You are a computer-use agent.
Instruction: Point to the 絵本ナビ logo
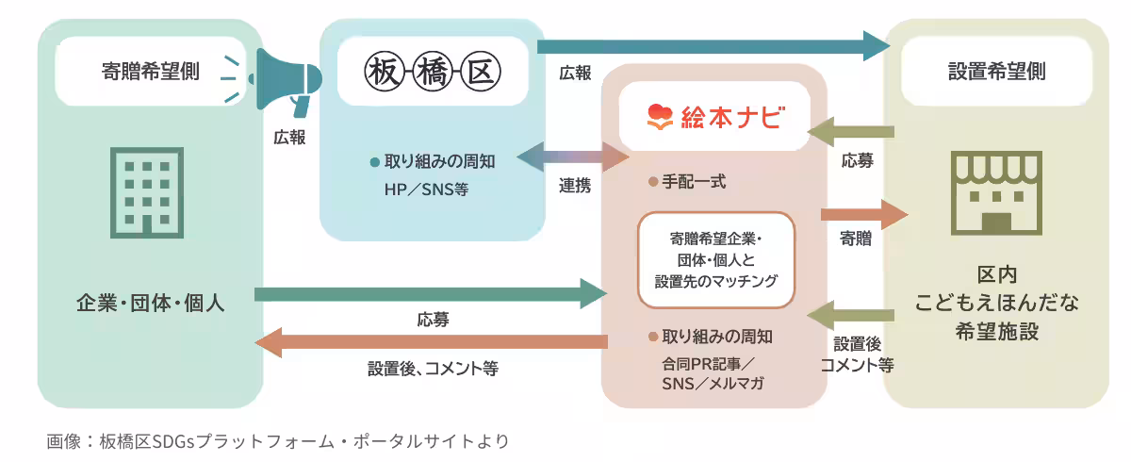click(x=713, y=117)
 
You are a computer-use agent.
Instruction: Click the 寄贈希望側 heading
click(x=150, y=72)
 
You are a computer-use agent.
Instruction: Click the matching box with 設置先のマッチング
click(x=717, y=259)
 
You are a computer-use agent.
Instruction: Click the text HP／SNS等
click(x=425, y=190)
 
